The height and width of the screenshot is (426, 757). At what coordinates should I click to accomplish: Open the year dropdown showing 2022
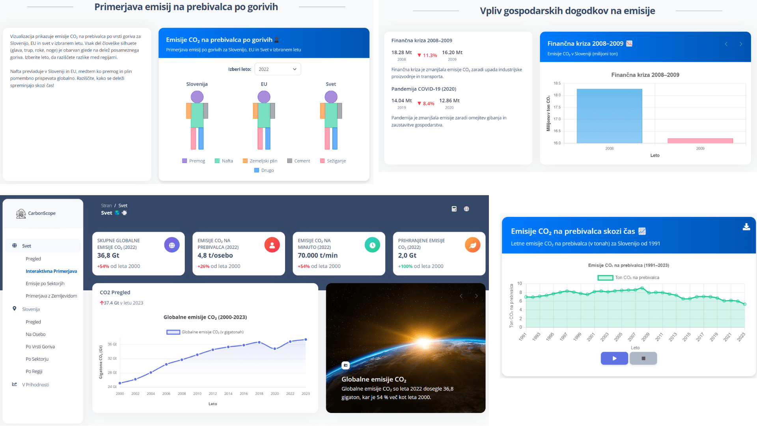click(x=278, y=69)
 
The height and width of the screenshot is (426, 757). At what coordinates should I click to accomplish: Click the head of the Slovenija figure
click(x=197, y=97)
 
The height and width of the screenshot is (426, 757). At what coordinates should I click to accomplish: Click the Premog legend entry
click(x=194, y=161)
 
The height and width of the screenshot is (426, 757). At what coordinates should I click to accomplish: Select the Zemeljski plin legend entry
click(x=260, y=161)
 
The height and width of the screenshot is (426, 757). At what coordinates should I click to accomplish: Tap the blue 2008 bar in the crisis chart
click(x=609, y=116)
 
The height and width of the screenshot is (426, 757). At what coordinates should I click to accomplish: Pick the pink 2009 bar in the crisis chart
click(x=700, y=141)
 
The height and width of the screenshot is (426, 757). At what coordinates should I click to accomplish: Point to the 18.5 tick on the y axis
click(x=557, y=83)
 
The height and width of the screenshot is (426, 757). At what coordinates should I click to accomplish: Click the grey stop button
click(x=643, y=358)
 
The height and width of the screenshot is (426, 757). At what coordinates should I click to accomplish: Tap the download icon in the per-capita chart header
click(x=746, y=227)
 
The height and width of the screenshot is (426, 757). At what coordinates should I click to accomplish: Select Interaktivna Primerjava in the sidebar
click(x=51, y=271)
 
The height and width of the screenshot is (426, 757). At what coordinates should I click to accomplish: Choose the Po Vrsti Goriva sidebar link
click(x=40, y=347)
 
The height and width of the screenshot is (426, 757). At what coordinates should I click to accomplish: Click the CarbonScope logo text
click(x=42, y=213)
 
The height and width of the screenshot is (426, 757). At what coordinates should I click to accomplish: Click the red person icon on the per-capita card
click(x=272, y=245)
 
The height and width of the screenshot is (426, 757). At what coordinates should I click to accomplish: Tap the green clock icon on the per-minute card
click(x=372, y=245)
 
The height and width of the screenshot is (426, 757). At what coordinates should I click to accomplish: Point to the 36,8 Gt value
click(x=108, y=256)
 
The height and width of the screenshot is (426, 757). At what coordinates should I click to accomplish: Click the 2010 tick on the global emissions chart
click(x=197, y=394)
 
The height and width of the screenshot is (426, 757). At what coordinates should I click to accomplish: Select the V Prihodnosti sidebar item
click(x=35, y=385)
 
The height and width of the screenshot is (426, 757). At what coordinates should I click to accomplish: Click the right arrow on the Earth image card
click(x=476, y=296)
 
